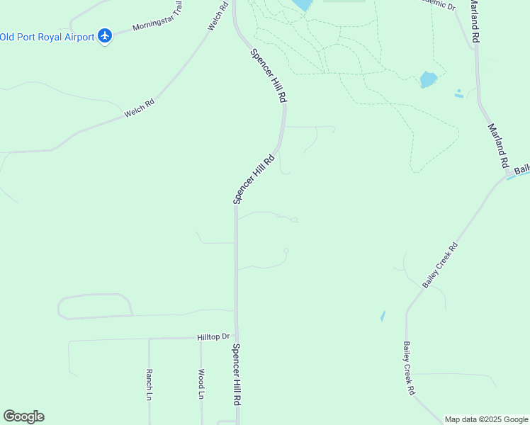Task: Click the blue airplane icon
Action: [105, 35]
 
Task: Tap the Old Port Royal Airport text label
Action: [47, 37]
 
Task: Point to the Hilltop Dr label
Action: [214, 338]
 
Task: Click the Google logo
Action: [23, 416]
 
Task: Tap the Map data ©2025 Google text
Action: [487, 419]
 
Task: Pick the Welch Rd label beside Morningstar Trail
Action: [218, 16]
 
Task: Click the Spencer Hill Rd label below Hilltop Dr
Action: [237, 374]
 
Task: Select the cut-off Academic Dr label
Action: [437, 4]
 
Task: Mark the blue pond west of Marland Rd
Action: [427, 79]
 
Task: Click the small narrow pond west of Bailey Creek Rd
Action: [383, 316]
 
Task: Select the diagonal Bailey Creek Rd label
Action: [441, 266]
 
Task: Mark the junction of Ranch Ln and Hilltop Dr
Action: [149, 339]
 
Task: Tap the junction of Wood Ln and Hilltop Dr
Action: [201, 339]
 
